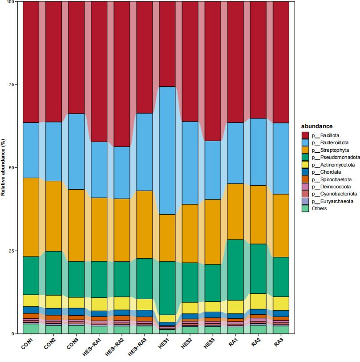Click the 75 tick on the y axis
[x=12, y=85]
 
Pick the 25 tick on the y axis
[x=12, y=251]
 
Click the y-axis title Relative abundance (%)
[x=4, y=167]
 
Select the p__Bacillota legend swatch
[x=305, y=135]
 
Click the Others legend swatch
[x=305, y=208]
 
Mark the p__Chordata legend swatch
[x=305, y=172]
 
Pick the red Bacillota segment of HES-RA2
[x=122, y=74]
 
